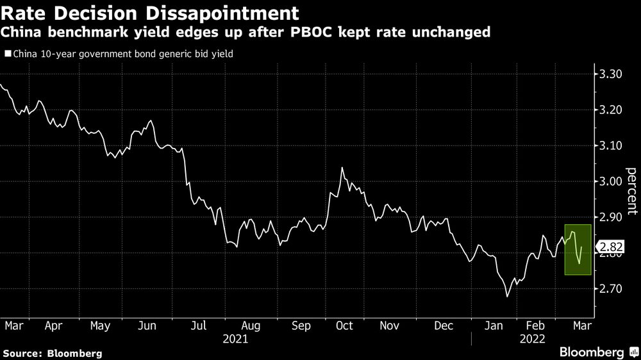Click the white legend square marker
7,54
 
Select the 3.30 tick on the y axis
608,74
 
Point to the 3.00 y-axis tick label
608,182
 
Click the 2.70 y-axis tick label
608,290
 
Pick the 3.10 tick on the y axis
608,146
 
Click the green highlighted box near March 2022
578,250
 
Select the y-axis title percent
631,190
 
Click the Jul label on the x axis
199,326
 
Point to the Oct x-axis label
344,326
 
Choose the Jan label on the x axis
494,326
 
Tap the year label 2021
235,339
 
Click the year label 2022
533,339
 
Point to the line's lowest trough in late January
507,297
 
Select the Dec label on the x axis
444,326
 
